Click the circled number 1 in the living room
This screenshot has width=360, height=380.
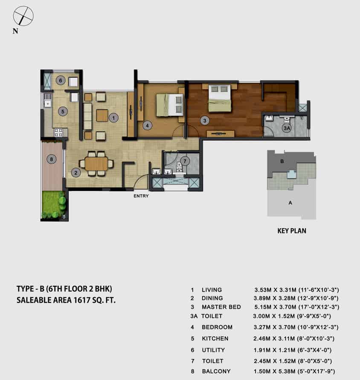[x=113, y=118]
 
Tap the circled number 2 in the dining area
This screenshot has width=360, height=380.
[x=75, y=173]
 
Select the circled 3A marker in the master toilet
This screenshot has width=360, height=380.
[x=287, y=128]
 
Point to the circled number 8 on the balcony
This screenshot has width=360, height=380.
[x=51, y=159]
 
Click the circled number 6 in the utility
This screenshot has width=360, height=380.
[x=61, y=81]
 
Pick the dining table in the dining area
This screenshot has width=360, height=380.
[x=96, y=164]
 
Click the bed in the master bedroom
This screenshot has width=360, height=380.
[x=220, y=98]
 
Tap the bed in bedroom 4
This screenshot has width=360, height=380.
[x=170, y=105]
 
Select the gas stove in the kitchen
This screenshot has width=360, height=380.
[x=58, y=132]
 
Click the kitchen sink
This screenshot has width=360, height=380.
[x=47, y=101]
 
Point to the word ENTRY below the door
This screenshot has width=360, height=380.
[x=141, y=196]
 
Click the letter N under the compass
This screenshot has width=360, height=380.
[x=15, y=31]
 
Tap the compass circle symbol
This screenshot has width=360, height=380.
[x=23, y=16]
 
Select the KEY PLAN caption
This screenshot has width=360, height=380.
[x=292, y=231]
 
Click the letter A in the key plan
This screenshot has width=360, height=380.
[x=290, y=203]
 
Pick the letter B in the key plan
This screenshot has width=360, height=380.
[x=282, y=161]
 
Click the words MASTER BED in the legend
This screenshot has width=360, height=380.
[x=221, y=307]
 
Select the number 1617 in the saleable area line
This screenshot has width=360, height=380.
[x=82, y=300]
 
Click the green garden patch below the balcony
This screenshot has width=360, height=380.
[x=54, y=205]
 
